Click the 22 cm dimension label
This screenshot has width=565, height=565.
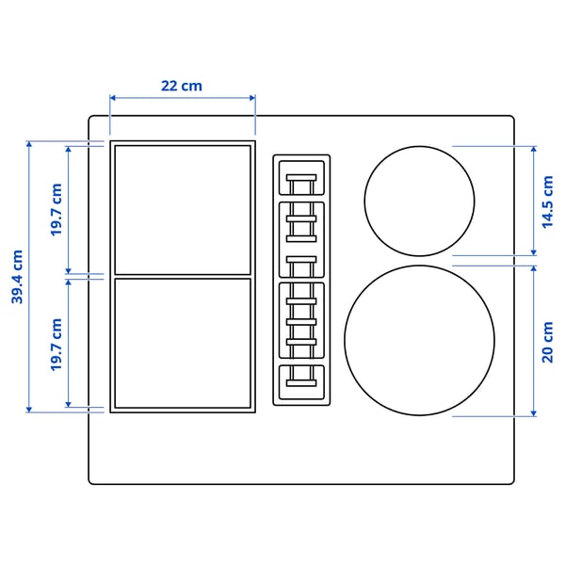click(x=182, y=86)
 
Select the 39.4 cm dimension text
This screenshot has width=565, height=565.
click(x=17, y=277)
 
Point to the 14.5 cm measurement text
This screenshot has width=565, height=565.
click(x=548, y=201)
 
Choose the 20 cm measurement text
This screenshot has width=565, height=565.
click(x=548, y=341)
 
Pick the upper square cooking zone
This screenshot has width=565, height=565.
click(x=183, y=208)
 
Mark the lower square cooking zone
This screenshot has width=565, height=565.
click(x=183, y=344)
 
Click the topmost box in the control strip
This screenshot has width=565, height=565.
click(x=301, y=176)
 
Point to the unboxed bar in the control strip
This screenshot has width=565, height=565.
click(x=301, y=260)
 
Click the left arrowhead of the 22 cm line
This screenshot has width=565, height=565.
click(x=112, y=97)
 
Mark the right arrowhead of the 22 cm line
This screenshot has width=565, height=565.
click(x=253, y=97)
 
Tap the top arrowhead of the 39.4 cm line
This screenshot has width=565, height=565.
click(x=29, y=144)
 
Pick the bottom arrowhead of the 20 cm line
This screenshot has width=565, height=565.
click(x=534, y=413)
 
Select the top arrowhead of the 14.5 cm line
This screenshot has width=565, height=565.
click(x=534, y=149)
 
